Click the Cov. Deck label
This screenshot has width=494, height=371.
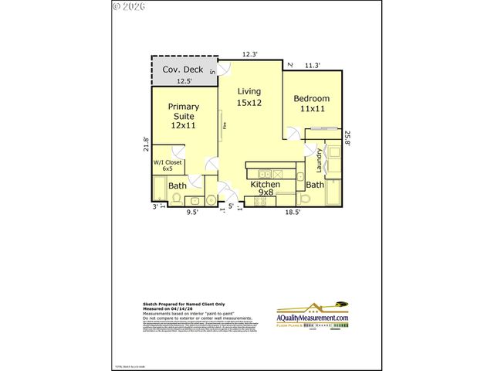point(183,70)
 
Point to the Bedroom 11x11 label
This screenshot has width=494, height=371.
point(312,104)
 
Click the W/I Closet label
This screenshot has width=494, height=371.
point(167,165)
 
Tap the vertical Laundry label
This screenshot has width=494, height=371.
point(319,161)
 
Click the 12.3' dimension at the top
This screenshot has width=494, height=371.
point(249,54)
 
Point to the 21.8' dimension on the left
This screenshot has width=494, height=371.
point(146,145)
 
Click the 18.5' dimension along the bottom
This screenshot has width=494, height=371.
point(293,211)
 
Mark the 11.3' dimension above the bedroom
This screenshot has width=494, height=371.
point(313,66)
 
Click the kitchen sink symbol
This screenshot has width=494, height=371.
point(264,173)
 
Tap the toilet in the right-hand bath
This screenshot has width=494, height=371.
point(305,199)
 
